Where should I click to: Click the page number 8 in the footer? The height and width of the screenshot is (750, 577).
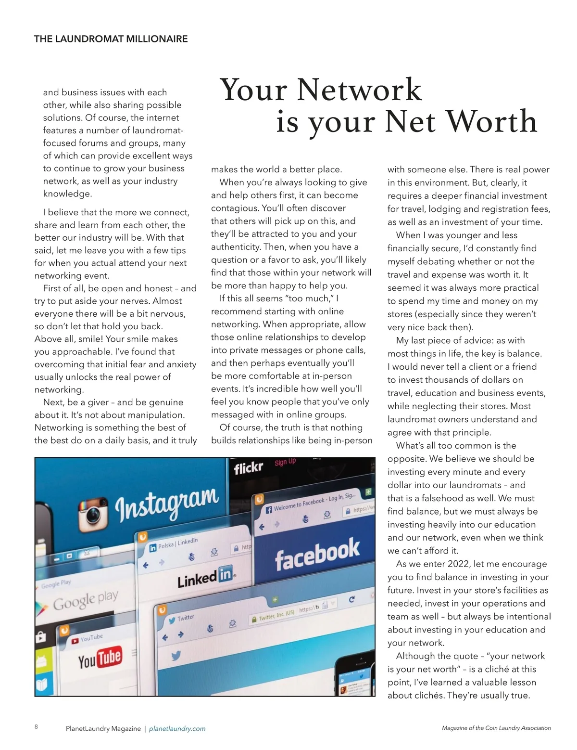click(x=37, y=726)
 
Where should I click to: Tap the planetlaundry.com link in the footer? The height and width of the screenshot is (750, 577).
click(x=177, y=729)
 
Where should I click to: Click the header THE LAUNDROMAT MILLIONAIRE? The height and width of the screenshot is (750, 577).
click(x=111, y=39)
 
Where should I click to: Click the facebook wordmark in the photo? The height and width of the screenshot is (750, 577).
click(x=317, y=554)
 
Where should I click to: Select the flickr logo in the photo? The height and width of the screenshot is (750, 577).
click(x=249, y=467)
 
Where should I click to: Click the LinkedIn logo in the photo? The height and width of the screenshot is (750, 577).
click(x=205, y=577)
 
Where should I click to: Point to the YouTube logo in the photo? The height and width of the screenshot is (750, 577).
click(x=100, y=658)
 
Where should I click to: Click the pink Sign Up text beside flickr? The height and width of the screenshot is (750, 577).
click(x=285, y=462)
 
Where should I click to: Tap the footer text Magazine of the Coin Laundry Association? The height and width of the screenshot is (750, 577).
click(x=496, y=728)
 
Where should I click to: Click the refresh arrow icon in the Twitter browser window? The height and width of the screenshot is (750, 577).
click(x=351, y=599)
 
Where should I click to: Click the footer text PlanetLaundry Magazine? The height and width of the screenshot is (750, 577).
click(x=103, y=729)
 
